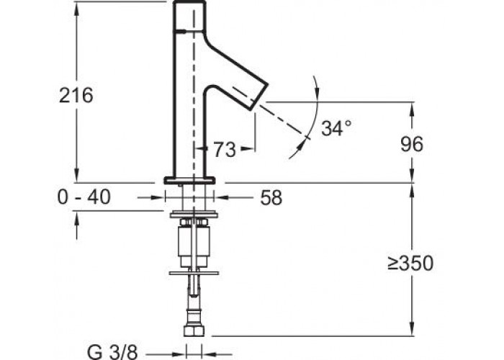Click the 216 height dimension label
pyautogui.click(x=76, y=95)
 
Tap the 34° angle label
pyautogui.click(x=336, y=128)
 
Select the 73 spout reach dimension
pyautogui.click(x=225, y=150)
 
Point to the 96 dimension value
pyautogui.click(x=412, y=144)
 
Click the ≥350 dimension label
pyautogui.click(x=410, y=264)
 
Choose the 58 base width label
pyautogui.click(x=271, y=197)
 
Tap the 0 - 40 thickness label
pyautogui.click(x=84, y=197)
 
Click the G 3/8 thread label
pyautogui.click(x=112, y=351)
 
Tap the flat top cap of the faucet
pyautogui.click(x=189, y=2)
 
